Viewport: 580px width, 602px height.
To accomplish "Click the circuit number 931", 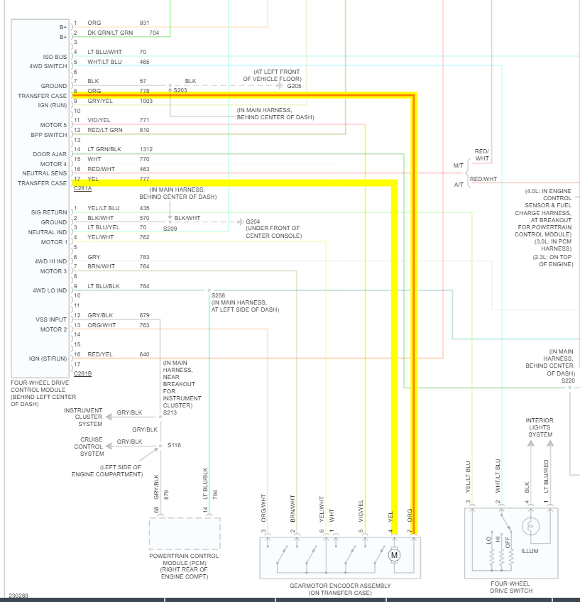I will coord(144,23).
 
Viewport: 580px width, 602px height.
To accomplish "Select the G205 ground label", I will coord(294,86).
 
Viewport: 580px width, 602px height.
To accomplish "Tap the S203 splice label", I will coord(181,91).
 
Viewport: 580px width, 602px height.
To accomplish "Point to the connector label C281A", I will coord(82,189).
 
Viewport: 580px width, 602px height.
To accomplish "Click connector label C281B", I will coord(82,373).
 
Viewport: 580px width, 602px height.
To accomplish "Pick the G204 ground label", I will coord(253,221).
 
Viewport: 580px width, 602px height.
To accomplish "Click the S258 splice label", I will coord(218,295).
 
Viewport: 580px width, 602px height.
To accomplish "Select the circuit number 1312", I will coord(146,149).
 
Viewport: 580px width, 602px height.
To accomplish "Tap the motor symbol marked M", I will coord(395,554).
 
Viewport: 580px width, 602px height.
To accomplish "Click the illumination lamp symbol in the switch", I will coord(530,527).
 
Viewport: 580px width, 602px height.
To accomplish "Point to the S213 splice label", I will coord(170,412).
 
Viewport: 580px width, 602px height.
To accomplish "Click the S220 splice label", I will coord(568,381).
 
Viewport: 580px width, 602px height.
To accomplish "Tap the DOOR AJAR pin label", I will coord(50,154).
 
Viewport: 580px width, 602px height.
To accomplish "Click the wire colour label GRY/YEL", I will coord(99,101).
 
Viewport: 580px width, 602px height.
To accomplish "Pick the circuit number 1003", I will coord(146,101).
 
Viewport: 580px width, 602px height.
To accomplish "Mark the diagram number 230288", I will coord(18,596).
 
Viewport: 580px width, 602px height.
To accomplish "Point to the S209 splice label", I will coord(170,229).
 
